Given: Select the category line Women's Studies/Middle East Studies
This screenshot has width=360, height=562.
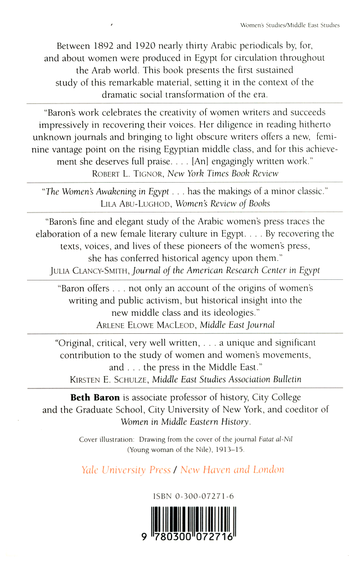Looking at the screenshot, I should coord(290,25).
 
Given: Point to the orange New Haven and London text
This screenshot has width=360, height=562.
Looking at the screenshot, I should coord(232,470).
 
